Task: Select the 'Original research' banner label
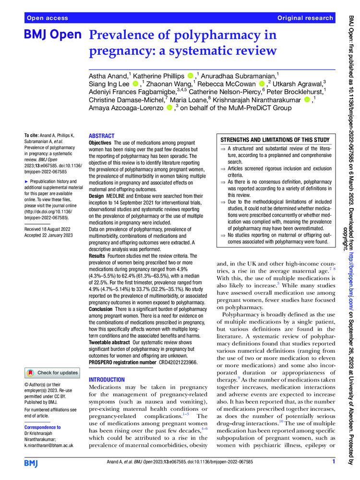[305, 18]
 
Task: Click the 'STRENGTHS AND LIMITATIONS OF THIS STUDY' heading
[275, 140]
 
